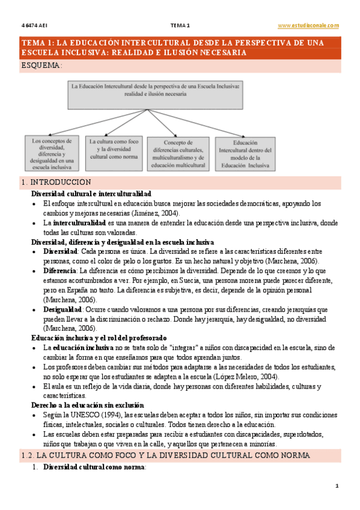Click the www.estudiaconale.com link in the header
tap(308, 25)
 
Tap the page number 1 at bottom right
tap(337, 485)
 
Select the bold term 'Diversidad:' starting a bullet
tap(61, 252)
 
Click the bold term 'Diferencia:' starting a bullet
tap(60, 271)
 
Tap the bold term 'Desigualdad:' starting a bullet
tap(63, 309)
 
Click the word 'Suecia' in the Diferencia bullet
tap(215, 280)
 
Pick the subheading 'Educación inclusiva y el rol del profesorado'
tap(99, 338)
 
